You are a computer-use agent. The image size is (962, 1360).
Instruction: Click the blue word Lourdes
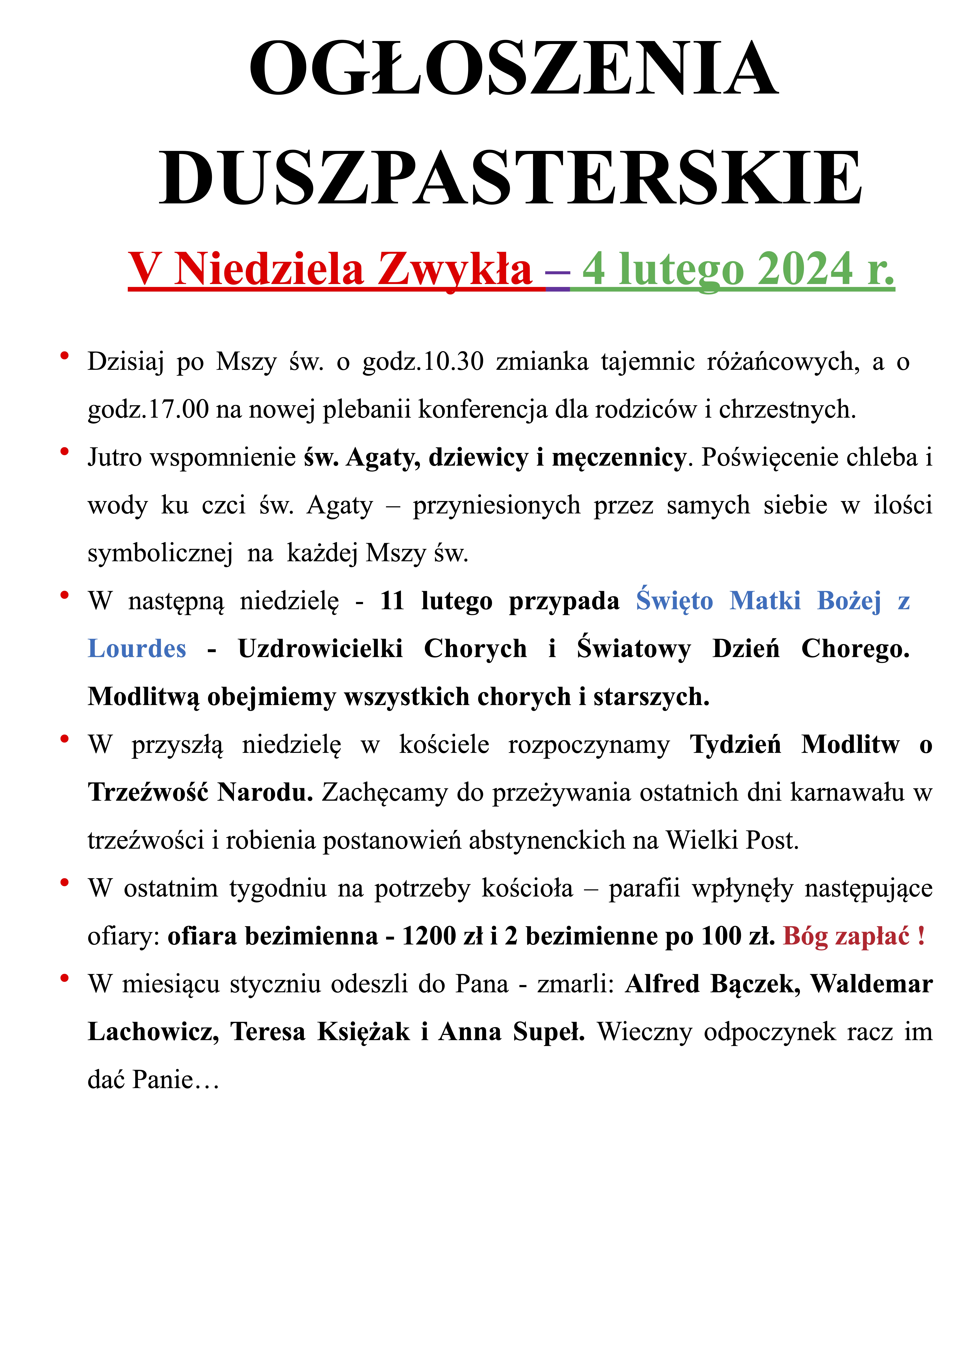click(x=137, y=649)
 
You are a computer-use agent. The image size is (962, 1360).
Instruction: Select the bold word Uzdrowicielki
click(x=320, y=649)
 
